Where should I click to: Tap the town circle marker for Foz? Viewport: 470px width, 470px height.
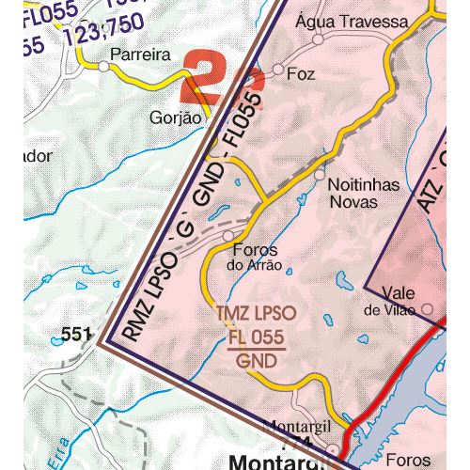(278, 70)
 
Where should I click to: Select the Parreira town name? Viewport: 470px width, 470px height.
(140, 55)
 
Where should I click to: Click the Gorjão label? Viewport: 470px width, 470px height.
(176, 118)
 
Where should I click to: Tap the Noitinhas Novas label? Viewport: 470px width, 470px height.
(352, 194)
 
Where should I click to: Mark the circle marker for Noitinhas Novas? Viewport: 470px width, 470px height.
(320, 175)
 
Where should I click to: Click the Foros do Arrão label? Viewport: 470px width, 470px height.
(253, 257)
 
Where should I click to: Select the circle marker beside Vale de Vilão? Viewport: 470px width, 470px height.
(428, 307)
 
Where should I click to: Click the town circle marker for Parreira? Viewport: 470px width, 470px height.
(102, 66)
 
